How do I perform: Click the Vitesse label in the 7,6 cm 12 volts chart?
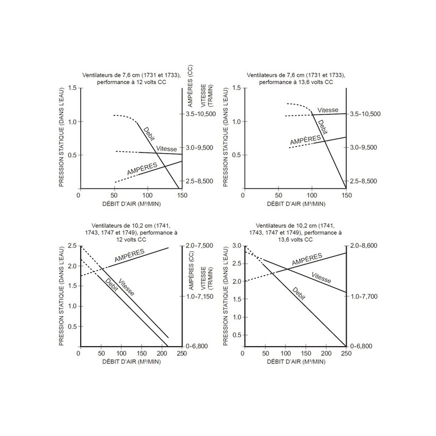(x=166, y=148)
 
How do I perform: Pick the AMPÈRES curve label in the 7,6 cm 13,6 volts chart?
(x=305, y=141)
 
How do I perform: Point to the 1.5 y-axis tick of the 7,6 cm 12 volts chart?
(x=74, y=88)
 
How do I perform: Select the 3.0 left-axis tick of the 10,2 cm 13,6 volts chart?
(x=237, y=246)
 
